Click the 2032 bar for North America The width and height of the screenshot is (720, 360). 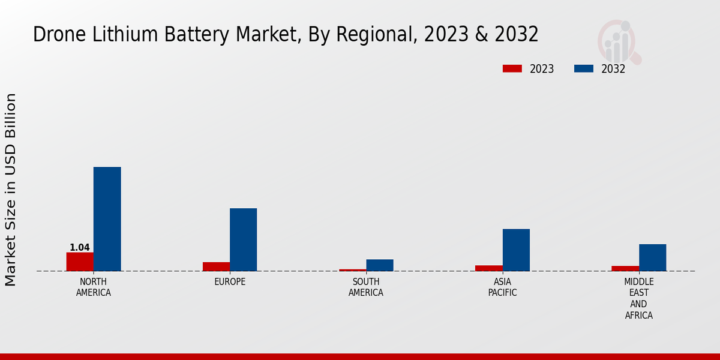107,219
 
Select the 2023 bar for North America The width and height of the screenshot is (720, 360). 80,262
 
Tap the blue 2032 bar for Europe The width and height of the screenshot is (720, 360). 243,239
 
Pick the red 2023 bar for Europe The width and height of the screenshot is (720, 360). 216,266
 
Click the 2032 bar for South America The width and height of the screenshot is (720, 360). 380,265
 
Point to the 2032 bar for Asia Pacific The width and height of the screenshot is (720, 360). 516,250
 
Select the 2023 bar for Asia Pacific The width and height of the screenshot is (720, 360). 489,268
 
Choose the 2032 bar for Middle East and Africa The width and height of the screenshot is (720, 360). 652,257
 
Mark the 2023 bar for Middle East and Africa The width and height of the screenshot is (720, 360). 625,268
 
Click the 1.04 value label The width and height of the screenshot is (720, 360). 80,247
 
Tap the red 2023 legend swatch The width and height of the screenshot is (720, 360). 512,68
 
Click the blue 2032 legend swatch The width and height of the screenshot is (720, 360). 584,68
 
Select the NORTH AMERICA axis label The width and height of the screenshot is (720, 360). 94,287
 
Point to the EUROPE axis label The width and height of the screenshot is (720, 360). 230,281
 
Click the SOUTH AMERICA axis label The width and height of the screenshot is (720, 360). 366,287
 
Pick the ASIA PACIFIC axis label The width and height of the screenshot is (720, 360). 502,287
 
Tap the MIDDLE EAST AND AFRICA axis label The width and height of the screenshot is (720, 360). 639,298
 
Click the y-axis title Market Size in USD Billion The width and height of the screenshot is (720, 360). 11,189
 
